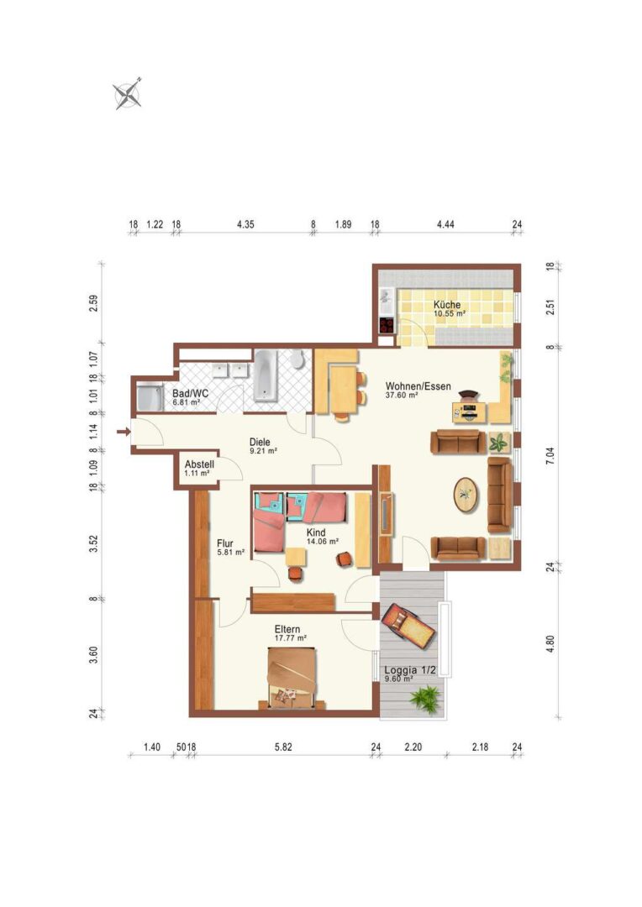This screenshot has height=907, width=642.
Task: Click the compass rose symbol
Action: tap(128, 94)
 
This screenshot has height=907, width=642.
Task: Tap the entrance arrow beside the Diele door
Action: tap(123, 432)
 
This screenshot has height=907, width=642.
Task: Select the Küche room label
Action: tap(447, 305)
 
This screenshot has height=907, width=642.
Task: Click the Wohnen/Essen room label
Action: tap(418, 386)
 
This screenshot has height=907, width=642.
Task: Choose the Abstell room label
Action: tap(199, 464)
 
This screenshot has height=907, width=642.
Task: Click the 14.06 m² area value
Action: tap(323, 542)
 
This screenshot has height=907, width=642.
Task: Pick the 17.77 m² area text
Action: tap(291, 638)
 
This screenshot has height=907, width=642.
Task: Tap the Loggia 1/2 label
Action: tap(410, 670)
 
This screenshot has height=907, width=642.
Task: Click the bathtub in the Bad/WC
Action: tap(266, 375)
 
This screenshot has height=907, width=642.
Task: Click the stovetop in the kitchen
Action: tap(387, 324)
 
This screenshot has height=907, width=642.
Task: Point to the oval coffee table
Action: tap(466, 495)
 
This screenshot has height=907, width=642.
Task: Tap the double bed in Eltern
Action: tap(292, 678)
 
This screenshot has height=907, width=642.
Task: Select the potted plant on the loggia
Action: tap(427, 697)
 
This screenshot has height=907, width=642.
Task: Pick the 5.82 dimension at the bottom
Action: tap(283, 747)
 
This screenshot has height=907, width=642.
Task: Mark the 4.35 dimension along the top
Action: tap(245, 224)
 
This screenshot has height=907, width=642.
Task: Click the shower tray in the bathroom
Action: tap(150, 398)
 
